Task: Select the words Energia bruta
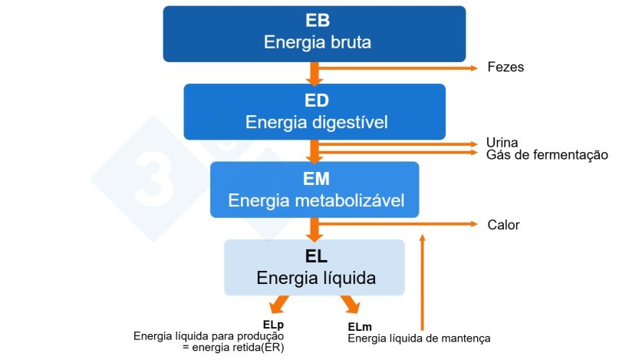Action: (x=317, y=42)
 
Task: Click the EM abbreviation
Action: (x=316, y=180)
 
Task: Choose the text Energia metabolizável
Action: (x=316, y=201)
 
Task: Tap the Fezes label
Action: (x=506, y=68)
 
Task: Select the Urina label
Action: (x=502, y=143)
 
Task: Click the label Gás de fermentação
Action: (x=547, y=155)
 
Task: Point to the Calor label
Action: (x=503, y=225)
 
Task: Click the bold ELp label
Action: (x=273, y=325)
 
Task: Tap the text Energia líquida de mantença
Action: (x=419, y=338)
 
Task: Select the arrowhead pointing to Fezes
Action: (x=473, y=68)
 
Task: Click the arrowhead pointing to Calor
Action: (x=473, y=224)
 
